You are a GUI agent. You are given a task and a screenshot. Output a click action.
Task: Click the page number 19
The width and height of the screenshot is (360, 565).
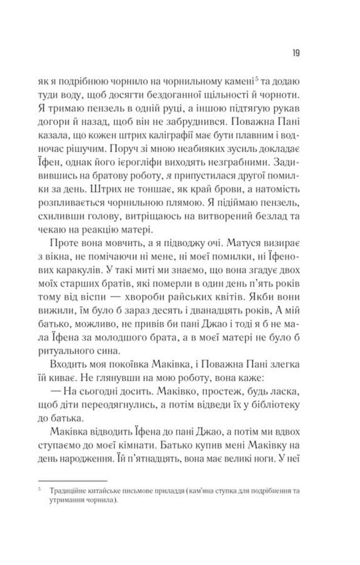click(x=295, y=53)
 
